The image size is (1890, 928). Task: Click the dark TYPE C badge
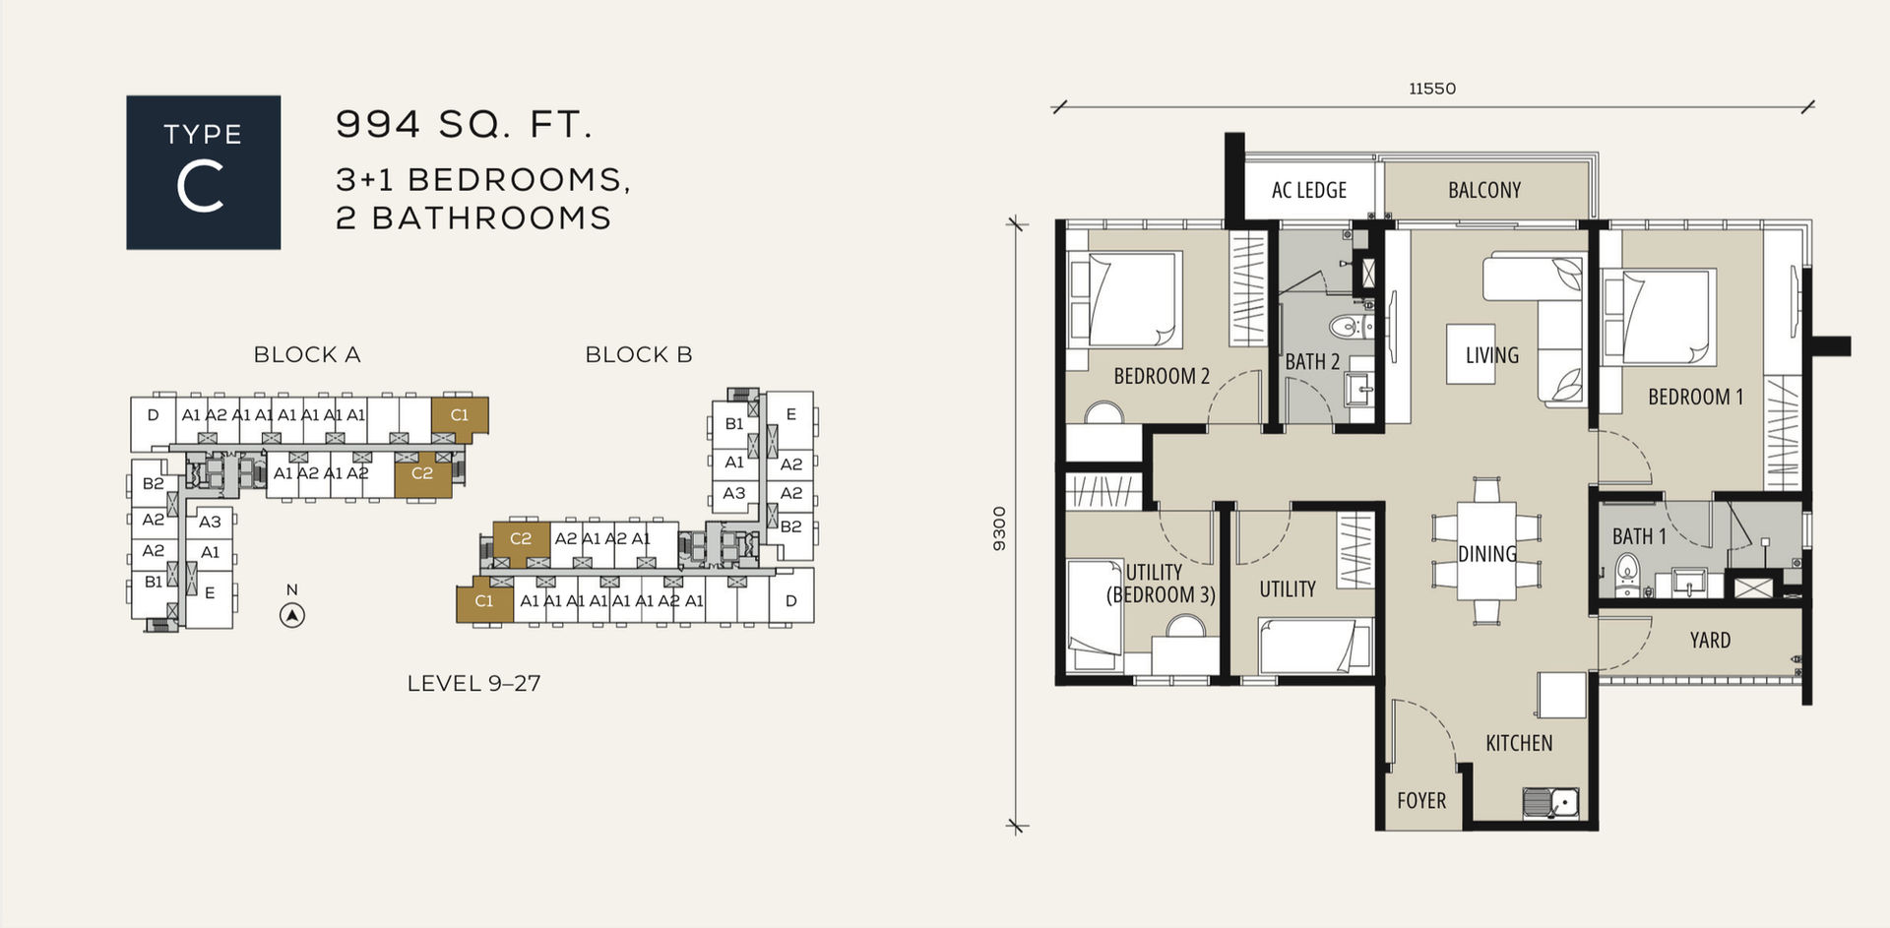(203, 172)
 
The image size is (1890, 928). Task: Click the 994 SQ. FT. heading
(464, 124)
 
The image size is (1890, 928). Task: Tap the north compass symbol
(292, 616)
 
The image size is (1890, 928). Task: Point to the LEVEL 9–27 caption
(473, 683)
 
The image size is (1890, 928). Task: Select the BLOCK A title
(307, 354)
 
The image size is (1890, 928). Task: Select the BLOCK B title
(639, 354)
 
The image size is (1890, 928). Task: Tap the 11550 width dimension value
(1432, 89)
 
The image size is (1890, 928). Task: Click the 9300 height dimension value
(1000, 528)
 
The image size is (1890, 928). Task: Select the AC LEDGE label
(1309, 190)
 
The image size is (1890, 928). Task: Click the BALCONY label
(1484, 190)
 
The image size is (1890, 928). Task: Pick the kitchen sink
(1550, 803)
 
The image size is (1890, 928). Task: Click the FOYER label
(1421, 800)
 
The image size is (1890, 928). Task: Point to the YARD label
(1710, 641)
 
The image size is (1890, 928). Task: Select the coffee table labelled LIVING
(1471, 354)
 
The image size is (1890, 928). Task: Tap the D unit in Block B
(790, 600)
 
